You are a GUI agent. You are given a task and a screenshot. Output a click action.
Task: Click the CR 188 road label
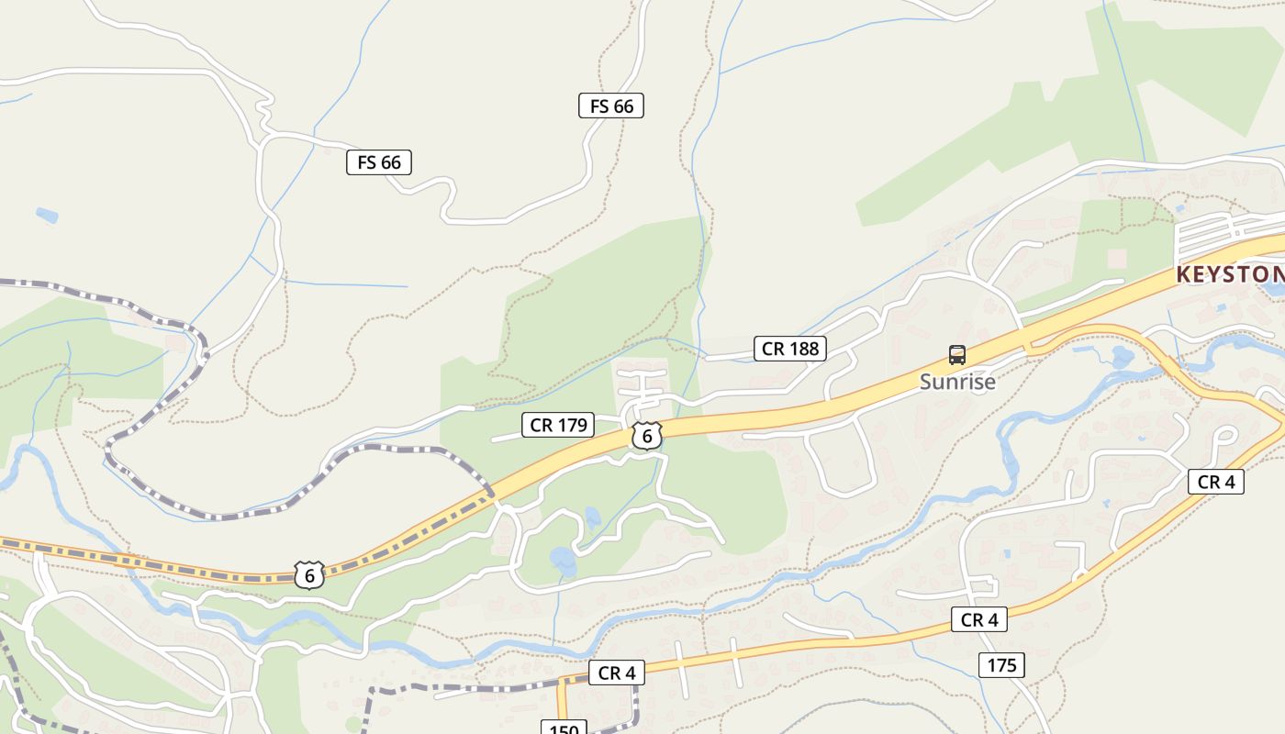(x=789, y=349)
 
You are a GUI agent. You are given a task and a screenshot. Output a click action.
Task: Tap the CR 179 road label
(x=558, y=425)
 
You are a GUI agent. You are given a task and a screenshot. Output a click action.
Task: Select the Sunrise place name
(x=957, y=382)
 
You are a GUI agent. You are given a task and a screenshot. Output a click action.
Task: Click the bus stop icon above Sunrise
(x=956, y=355)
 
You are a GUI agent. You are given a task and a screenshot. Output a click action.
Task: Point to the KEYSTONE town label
(x=1230, y=274)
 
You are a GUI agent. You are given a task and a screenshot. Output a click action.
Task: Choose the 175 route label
(x=1001, y=665)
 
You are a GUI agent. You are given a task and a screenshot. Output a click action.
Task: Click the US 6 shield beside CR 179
(x=647, y=437)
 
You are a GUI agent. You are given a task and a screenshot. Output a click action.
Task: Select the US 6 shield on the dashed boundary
(x=310, y=575)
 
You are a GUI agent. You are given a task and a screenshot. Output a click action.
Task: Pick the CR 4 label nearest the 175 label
(x=978, y=620)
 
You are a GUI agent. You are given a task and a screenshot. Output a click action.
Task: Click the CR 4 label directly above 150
(x=616, y=673)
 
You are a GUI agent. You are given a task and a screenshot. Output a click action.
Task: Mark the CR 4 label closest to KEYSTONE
(x=1216, y=482)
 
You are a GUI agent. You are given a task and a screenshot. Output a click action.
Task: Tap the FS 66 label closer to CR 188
(x=611, y=106)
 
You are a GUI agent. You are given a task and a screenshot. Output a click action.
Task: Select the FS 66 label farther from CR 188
(x=379, y=162)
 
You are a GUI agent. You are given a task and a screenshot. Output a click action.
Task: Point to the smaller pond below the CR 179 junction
(x=593, y=517)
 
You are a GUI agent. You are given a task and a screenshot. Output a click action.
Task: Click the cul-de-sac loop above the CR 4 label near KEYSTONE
(x=1225, y=435)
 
